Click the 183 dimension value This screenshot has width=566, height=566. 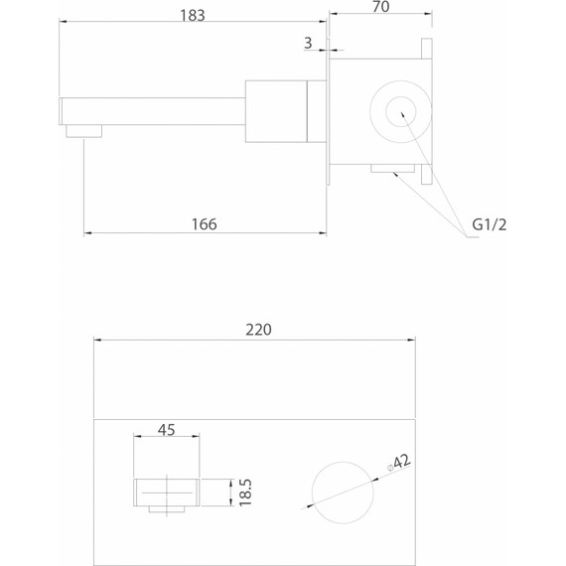pos(193,16)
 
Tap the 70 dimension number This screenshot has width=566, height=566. pos(381,7)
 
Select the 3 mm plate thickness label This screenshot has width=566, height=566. pos(308,43)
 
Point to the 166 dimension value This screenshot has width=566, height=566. pos(204,224)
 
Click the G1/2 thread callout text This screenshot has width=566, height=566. pos(490,224)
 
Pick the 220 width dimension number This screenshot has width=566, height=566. pos(258,330)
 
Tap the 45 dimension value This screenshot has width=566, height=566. pos(167,430)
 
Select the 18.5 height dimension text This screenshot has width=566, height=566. pos(245,493)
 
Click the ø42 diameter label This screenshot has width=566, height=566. pos(399,463)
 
